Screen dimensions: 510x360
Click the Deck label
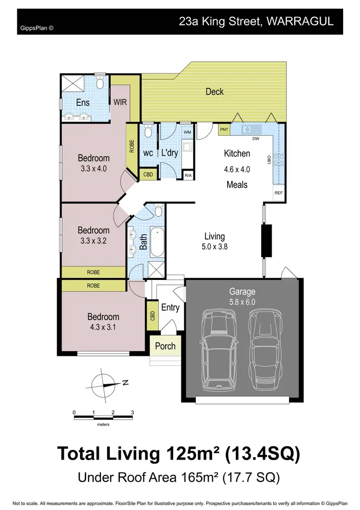click(214, 91)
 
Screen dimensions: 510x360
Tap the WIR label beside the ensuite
click(120, 102)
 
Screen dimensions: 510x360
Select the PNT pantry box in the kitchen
click(224, 130)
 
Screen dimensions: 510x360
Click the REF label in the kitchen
click(278, 193)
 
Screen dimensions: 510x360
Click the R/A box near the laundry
click(188, 175)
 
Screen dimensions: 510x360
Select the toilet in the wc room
click(148, 131)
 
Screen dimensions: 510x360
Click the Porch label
click(165, 346)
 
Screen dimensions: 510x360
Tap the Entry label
click(170, 308)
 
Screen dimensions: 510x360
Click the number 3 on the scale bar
click(132, 412)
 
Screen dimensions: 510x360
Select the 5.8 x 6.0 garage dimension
click(242, 303)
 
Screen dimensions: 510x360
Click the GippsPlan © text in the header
click(37, 28)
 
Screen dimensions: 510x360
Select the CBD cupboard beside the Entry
click(153, 315)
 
